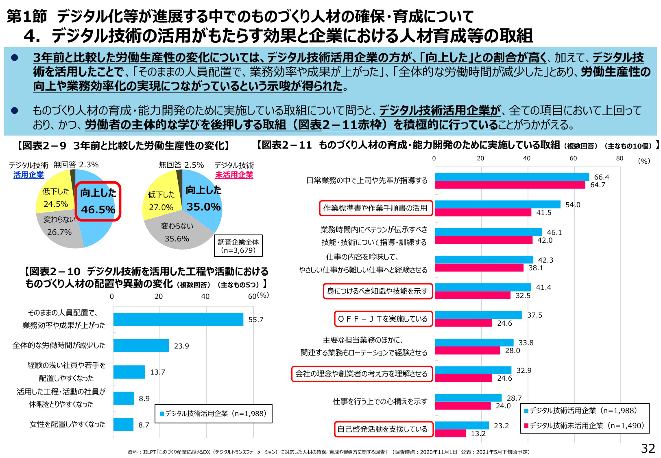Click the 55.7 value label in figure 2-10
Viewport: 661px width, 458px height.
click(x=256, y=320)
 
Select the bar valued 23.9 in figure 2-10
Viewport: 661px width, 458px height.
click(x=141, y=346)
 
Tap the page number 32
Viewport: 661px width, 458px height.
click(x=648, y=448)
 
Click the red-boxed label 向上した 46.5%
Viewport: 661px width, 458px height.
click(x=98, y=202)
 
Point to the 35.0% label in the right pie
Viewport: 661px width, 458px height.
click(x=203, y=207)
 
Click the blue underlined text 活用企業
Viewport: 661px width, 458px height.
click(x=28, y=175)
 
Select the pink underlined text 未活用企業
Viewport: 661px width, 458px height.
click(x=234, y=175)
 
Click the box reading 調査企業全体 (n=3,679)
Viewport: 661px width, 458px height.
click(x=238, y=246)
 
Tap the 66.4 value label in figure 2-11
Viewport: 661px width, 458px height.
click(x=601, y=177)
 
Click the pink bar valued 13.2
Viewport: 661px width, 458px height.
click(x=450, y=434)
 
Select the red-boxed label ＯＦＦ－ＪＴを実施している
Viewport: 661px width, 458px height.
click(x=383, y=319)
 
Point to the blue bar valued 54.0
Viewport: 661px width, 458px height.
click(x=497, y=204)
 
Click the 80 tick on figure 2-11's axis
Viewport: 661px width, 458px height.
click(x=620, y=158)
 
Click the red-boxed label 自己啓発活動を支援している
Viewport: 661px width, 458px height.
click(x=383, y=429)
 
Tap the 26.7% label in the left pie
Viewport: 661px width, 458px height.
click(x=59, y=232)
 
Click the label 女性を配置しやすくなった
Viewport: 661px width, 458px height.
click(x=68, y=424)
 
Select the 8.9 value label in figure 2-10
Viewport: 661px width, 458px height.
click(x=144, y=399)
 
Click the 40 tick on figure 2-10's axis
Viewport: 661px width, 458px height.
click(x=205, y=296)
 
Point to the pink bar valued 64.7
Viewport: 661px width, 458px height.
click(x=510, y=185)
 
